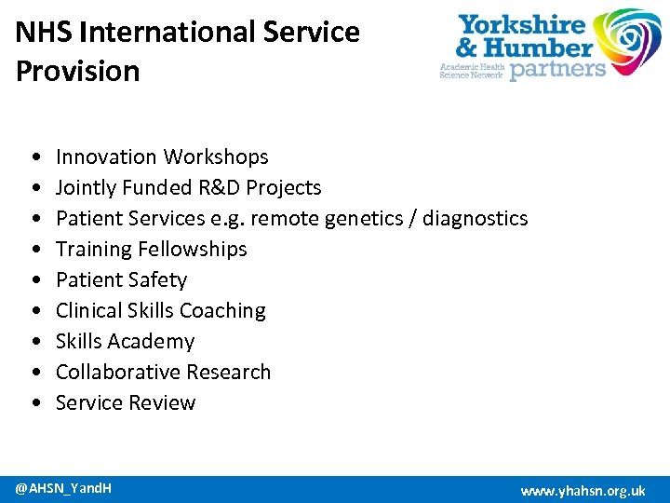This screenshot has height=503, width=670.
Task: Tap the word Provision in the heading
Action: point(77,72)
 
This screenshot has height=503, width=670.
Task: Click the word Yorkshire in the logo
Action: point(522,24)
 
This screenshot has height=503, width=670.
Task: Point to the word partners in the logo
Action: point(557,68)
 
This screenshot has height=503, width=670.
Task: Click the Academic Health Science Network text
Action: point(471,71)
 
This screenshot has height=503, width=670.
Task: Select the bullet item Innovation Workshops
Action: point(162,156)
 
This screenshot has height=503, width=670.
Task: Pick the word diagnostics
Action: point(476,218)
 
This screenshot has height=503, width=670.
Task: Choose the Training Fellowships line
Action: point(152,249)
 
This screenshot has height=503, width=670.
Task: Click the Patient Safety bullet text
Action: point(121,279)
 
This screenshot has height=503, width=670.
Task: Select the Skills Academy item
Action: point(125,341)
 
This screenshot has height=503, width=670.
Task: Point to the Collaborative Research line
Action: point(163,372)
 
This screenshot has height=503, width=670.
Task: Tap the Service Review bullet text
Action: point(126,402)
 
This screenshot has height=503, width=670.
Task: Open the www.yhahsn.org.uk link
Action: point(583,490)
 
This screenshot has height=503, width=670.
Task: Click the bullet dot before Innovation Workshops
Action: point(33,157)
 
